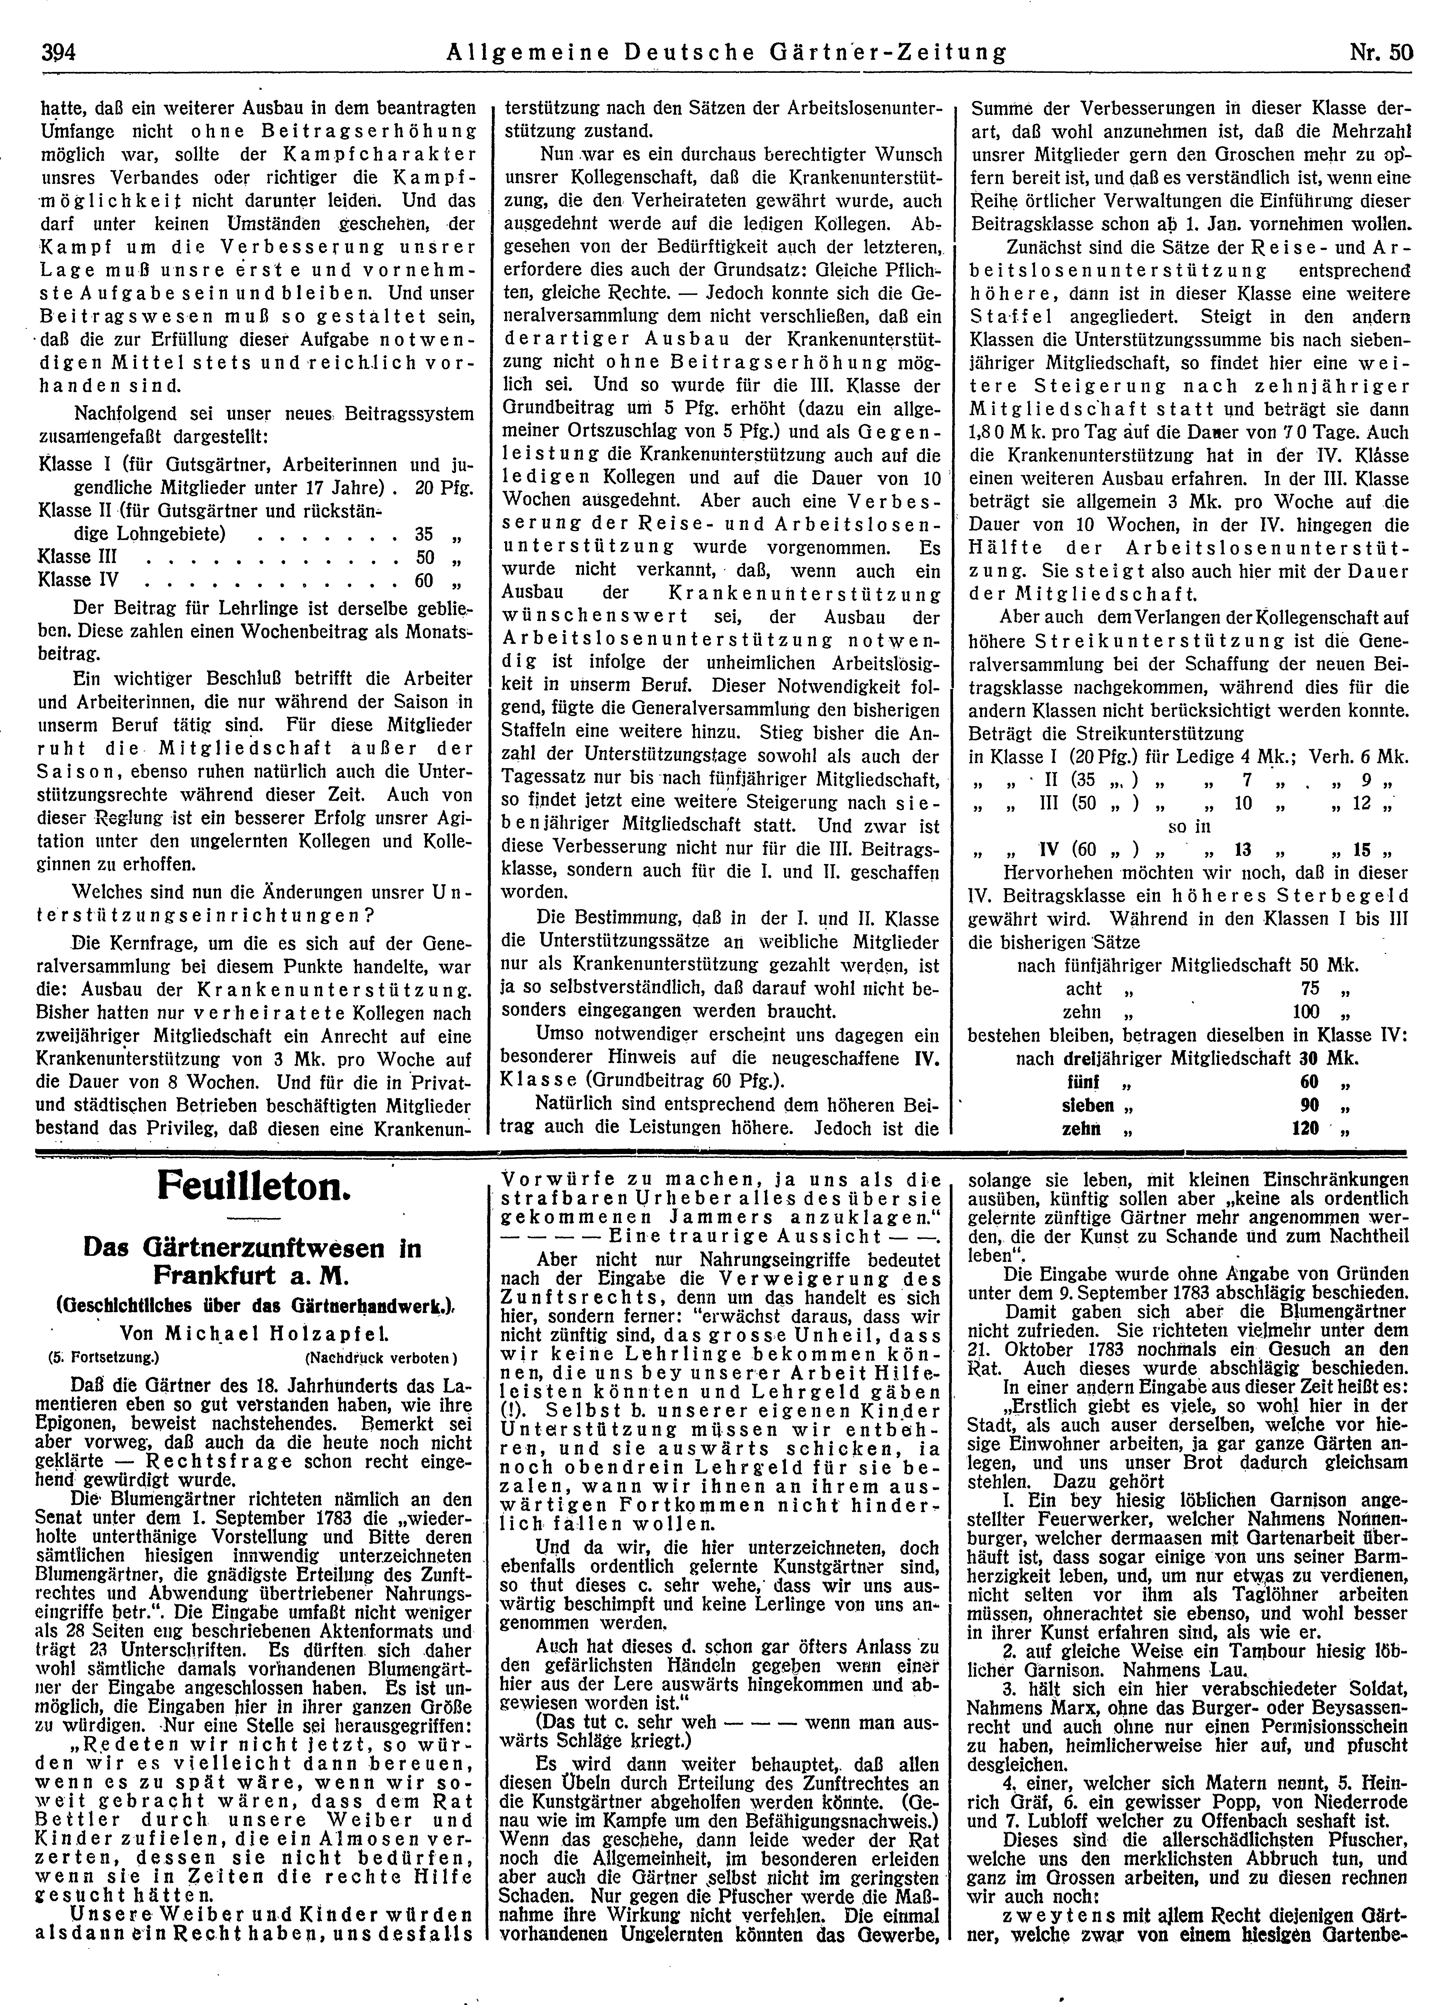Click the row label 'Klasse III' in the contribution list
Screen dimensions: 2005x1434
click(77, 557)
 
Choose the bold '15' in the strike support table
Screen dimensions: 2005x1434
click(1361, 850)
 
